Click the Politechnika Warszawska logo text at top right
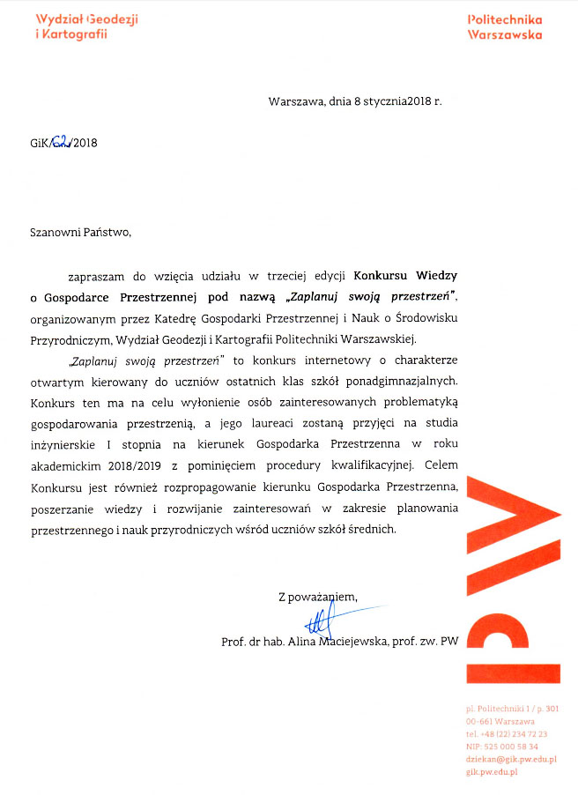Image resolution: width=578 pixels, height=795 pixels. (x=504, y=26)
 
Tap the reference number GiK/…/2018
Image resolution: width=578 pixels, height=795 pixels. (x=63, y=143)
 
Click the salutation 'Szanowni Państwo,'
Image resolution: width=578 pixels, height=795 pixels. (x=80, y=233)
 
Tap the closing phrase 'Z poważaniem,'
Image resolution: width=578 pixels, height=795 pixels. (x=318, y=597)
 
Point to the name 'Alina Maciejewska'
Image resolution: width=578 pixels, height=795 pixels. (x=341, y=642)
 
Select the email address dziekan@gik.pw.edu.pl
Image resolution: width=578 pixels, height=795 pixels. (x=511, y=759)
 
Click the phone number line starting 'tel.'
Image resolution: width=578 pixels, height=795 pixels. (x=507, y=733)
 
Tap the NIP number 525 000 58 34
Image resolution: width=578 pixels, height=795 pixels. (x=501, y=747)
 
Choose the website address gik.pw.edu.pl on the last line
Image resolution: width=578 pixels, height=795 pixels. (x=492, y=772)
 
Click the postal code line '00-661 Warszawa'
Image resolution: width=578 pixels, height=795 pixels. (x=500, y=721)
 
